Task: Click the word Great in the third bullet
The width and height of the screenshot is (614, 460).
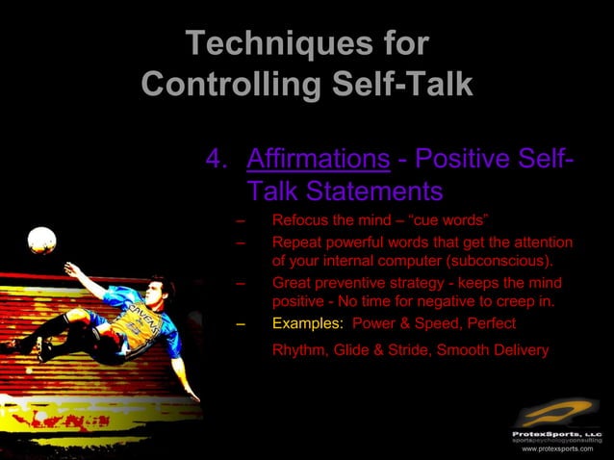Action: point(292,284)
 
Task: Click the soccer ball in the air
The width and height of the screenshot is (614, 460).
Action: point(41,240)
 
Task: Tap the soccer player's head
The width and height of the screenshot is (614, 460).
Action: point(161,290)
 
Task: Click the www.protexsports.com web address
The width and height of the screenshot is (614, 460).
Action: point(557,448)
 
